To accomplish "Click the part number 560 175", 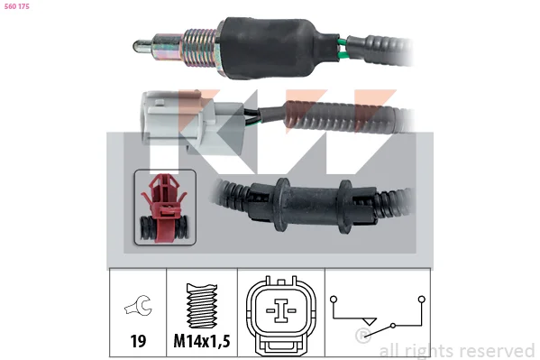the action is coord(17,6).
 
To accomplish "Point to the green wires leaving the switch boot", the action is coord(343,49).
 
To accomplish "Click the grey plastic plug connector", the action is coord(193,122).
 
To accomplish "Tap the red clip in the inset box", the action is coord(164,208).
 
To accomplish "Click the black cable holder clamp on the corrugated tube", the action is coord(312,206).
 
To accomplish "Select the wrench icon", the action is coord(138,305).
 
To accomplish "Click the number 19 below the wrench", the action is coord(138,341).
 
